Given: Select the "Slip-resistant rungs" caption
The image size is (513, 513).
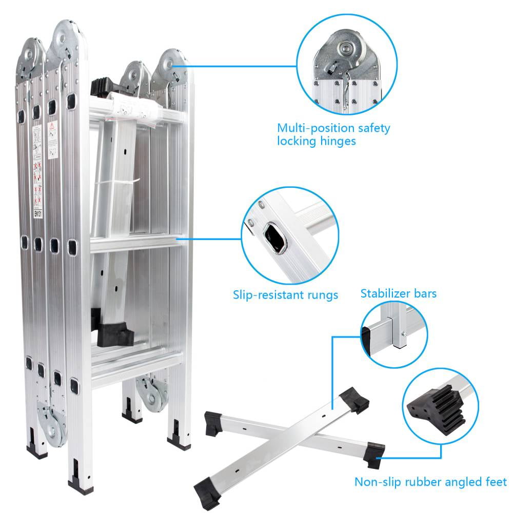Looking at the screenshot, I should coord(285,295).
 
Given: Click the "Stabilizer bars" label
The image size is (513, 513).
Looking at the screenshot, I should coord(398,293).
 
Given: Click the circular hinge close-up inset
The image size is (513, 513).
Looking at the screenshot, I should coord(347,64).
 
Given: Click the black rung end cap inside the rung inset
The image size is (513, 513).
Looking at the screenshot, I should coord(275,239).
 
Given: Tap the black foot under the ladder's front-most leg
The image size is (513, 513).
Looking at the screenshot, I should coord(81,482).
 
